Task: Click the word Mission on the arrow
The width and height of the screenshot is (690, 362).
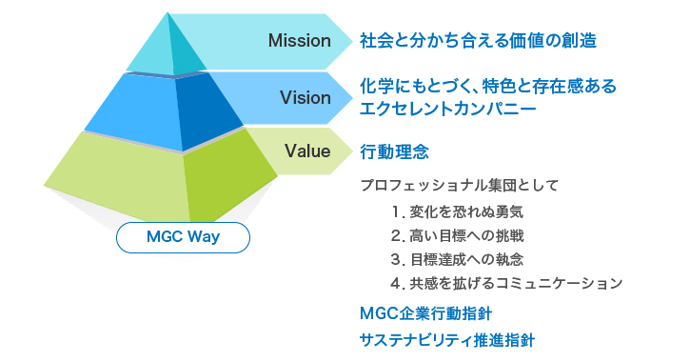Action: [299, 41]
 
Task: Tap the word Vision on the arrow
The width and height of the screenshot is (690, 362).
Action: [305, 97]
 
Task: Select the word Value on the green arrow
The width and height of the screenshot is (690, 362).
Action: [306, 150]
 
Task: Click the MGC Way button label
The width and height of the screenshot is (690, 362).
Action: [183, 237]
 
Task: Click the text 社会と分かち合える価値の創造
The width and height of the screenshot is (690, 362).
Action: [478, 41]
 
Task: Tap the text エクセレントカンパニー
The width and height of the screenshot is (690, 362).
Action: [447, 110]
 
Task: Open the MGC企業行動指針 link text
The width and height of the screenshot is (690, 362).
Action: [425, 312]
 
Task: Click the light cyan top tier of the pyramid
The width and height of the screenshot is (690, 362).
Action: [148, 52]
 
